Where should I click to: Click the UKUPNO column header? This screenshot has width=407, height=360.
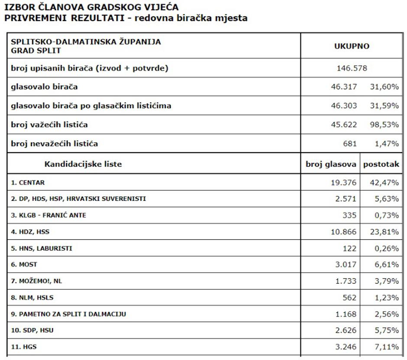352,46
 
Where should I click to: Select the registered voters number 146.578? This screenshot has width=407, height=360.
352,68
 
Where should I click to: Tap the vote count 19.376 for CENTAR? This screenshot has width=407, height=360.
344,183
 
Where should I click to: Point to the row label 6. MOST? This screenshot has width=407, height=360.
24,264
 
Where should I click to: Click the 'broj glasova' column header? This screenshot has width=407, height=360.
331,164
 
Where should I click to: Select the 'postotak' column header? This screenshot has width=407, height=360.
381,164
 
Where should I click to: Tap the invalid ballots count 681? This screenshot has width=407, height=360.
349,144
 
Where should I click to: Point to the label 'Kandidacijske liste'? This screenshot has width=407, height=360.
83,164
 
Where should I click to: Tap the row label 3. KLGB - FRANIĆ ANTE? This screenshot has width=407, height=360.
48,215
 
